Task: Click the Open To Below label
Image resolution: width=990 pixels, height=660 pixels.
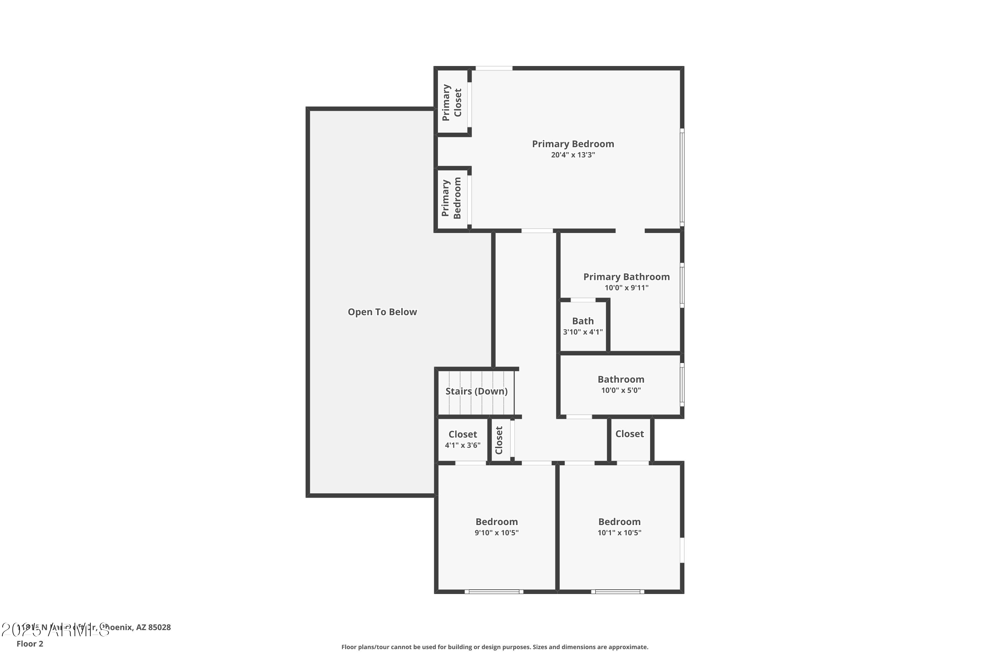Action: pos(382,312)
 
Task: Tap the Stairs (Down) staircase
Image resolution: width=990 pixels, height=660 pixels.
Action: pos(476,391)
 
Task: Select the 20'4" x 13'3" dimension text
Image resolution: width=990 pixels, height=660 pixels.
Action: pos(573,155)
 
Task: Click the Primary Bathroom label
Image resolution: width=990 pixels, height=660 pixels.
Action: pos(626,277)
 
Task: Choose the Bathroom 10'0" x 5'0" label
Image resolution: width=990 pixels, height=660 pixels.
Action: pos(620,380)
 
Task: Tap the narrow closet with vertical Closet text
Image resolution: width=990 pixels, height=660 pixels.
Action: pos(499,440)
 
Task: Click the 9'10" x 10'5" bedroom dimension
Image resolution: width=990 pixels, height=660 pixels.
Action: pos(496,533)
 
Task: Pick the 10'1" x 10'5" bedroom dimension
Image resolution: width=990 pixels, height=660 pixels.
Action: pos(619,533)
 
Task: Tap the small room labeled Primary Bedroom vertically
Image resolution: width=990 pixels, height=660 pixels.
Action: pos(451,198)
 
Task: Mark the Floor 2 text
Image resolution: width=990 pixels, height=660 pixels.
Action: pos(30,643)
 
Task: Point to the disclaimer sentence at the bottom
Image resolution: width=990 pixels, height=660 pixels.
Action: pos(495,647)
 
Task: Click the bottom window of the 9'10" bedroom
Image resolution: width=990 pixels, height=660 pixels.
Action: pos(494,591)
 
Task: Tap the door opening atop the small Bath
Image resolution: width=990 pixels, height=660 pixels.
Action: pos(583,300)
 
